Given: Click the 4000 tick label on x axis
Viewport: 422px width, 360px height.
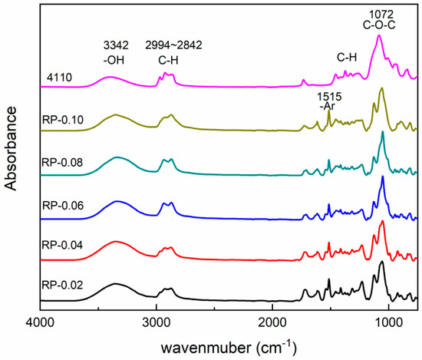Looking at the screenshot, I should pyautogui.click(x=39, y=322).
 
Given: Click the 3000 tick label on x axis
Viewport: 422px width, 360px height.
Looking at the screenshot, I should pyautogui.click(x=156, y=322).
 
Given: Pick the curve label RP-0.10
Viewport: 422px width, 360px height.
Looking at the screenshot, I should pyautogui.click(x=58, y=121).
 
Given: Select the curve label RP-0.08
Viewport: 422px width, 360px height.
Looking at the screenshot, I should pyautogui.click(x=58, y=163).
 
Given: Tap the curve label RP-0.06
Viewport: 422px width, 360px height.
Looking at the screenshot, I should pyautogui.click(x=58, y=205).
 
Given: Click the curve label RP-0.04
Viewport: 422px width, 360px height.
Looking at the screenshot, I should pyautogui.click(x=58, y=246).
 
